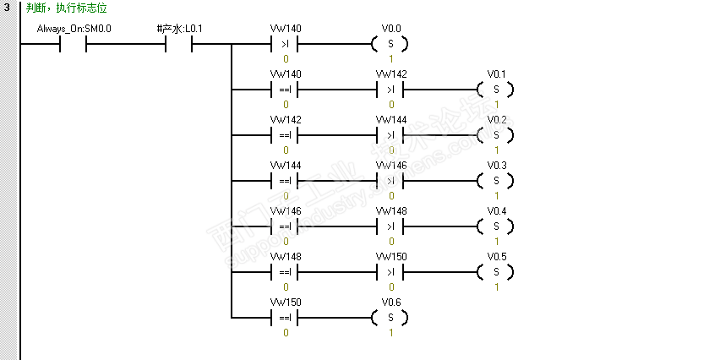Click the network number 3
[7, 8]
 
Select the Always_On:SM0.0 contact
[74, 44]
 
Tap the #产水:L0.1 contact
[179, 44]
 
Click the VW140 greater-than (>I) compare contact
[285, 44]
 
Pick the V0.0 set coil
[390, 44]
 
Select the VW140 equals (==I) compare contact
[285, 90]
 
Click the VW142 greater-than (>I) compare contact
[390, 90]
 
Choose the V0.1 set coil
[496, 90]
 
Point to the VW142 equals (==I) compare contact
[285, 135]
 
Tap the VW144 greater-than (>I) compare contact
[390, 135]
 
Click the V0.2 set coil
[496, 135]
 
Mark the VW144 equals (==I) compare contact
[285, 181]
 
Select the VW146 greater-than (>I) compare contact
[390, 181]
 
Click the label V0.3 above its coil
[496, 166]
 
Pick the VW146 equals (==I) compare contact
[285, 226]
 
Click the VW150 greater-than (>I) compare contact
[390, 272]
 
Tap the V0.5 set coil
[496, 272]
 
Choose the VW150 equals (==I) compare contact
[285, 318]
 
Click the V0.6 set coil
[390, 318]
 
